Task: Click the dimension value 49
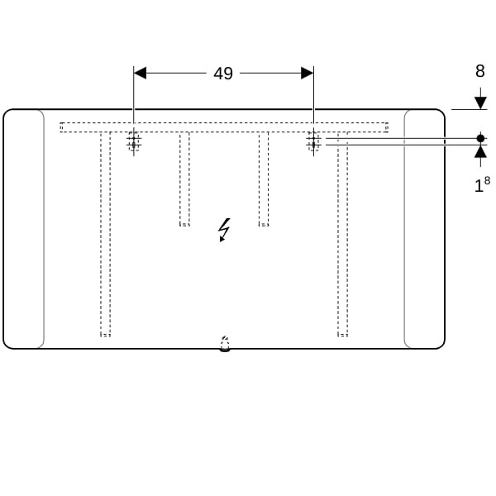point(223,74)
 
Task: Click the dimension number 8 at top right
point(480,71)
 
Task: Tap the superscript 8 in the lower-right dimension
point(487,180)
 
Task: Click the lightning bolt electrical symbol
point(224,230)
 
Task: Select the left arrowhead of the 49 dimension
point(140,73)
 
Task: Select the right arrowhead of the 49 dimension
point(308,73)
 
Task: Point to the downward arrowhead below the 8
point(480,103)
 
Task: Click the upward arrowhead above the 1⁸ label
point(480,151)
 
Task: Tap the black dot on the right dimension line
point(480,138)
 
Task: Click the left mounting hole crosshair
point(134,141)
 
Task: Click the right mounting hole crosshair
point(313,141)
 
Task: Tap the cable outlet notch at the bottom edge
point(225,345)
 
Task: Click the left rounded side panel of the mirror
point(24,229)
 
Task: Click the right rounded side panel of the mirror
point(425,229)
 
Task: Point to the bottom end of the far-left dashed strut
point(105,336)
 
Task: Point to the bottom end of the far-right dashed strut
point(342,336)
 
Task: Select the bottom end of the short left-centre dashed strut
point(184,226)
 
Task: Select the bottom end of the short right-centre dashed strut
point(264,226)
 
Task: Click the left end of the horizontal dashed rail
point(60,127)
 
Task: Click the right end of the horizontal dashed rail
point(388,127)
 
